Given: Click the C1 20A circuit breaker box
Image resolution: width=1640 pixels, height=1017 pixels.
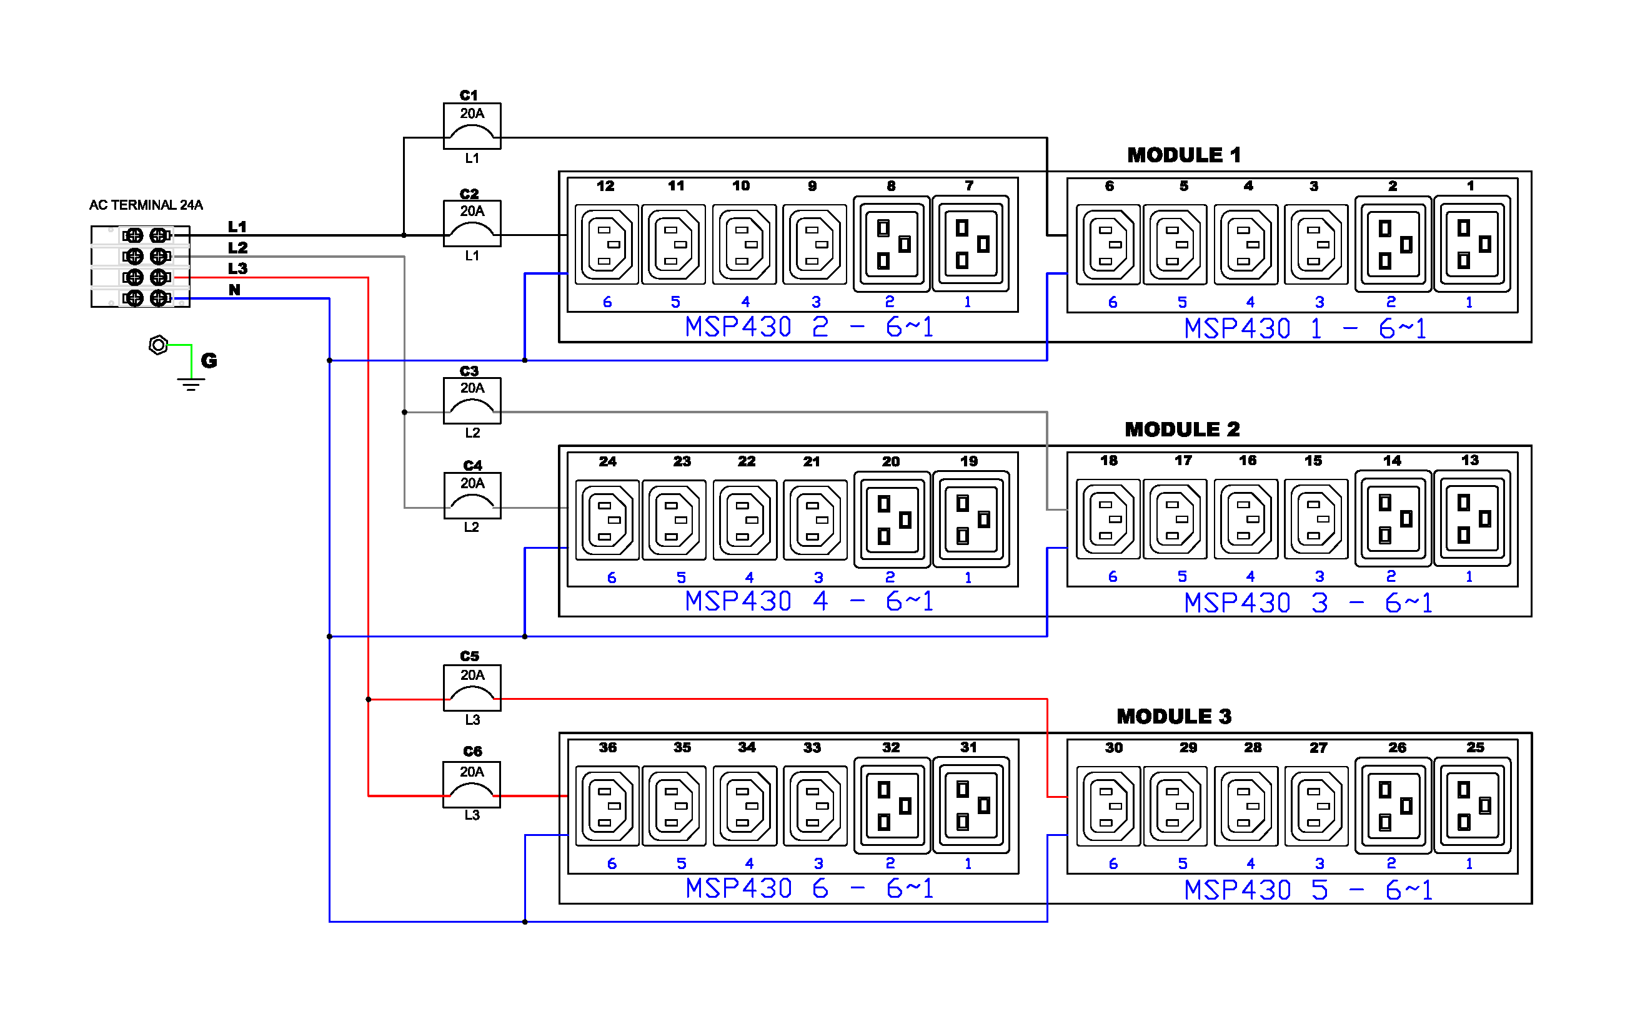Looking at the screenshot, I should tap(471, 125).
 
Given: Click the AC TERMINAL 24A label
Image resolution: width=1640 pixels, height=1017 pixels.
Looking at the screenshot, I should tap(146, 205).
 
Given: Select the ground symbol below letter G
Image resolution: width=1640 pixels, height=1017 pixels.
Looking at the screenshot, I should tap(191, 384).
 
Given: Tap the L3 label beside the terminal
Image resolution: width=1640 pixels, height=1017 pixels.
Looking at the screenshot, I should tap(237, 268).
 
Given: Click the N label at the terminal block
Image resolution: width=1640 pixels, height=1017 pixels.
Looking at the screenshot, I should tap(234, 289).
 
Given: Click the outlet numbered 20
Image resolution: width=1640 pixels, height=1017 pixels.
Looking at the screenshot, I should tap(891, 519).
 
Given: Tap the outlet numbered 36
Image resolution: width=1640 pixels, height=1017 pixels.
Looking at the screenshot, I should tap(607, 805).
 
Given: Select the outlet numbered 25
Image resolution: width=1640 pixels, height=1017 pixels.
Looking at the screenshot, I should tap(1471, 805).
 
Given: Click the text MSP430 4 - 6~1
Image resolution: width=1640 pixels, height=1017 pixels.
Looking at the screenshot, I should tap(808, 601).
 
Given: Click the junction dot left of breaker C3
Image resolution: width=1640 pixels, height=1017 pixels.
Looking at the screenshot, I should tap(404, 411).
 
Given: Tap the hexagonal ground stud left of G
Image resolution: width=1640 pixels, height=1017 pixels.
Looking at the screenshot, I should tap(157, 345).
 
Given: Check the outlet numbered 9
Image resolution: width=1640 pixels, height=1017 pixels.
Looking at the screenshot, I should tap(813, 244).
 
